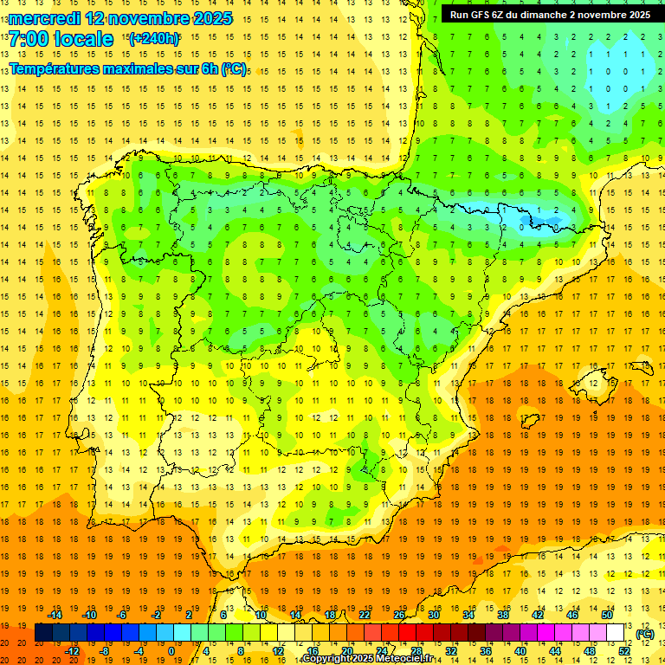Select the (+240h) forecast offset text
tap(154, 39)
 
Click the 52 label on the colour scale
tap(624, 651)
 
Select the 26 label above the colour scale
tap(399, 615)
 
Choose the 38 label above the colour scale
tap(503, 615)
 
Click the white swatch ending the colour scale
tap(616, 633)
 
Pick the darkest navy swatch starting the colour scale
tap(43, 633)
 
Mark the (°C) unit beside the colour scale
tap(644, 634)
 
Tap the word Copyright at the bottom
tap(328, 659)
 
